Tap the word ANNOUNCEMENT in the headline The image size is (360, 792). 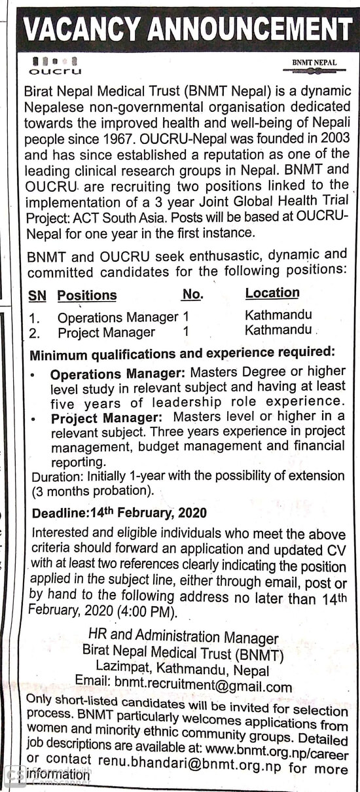(239, 29)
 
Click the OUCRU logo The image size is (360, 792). (54, 66)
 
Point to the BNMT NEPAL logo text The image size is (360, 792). (315, 63)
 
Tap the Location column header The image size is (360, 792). (272, 293)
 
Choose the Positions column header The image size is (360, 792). (87, 295)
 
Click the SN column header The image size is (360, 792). (37, 296)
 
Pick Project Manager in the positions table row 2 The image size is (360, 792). (106, 333)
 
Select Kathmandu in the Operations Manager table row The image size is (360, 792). (278, 315)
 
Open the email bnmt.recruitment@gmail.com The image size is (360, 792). (202, 687)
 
